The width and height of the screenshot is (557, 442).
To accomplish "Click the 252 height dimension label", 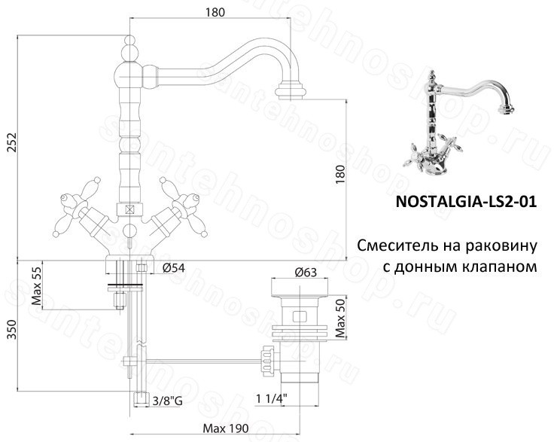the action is click(13, 142).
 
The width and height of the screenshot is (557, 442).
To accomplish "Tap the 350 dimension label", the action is click(13, 329).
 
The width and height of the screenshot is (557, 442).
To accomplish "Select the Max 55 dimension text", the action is click(37, 286).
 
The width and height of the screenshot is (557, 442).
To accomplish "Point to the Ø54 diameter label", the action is click(174, 268).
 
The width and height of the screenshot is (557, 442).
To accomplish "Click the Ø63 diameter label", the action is click(305, 273).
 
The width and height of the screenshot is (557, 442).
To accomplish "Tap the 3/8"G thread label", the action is click(167, 401).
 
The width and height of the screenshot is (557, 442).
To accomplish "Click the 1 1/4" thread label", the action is click(272, 398).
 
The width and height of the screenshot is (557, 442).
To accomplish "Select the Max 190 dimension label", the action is click(226, 428).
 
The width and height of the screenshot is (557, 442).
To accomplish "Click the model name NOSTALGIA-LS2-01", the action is click(466, 202).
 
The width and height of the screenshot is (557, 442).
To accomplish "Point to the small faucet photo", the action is click(459, 124).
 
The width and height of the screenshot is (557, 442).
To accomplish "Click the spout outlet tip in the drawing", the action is click(291, 90).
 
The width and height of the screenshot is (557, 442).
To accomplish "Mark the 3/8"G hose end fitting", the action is click(141, 399).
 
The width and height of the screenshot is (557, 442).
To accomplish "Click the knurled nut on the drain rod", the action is click(267, 361).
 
